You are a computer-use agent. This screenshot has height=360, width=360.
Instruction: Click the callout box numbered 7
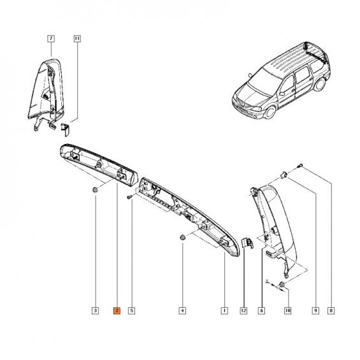click(x=51, y=38)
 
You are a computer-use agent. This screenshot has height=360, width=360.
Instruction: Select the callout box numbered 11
click(x=77, y=38)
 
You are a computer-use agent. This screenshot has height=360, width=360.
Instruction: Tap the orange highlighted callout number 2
click(x=117, y=311)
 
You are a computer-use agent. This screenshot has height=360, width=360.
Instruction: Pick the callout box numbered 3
click(x=95, y=311)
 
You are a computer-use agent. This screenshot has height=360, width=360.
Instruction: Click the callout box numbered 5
click(x=131, y=311)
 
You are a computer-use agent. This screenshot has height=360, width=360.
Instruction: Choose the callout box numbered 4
click(x=182, y=311)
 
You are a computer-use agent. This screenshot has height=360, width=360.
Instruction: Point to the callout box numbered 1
click(x=224, y=311)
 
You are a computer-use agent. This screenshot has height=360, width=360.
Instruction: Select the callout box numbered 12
click(x=243, y=311)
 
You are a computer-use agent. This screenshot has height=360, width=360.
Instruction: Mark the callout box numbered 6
click(x=261, y=311)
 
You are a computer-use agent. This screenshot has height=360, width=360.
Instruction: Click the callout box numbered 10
click(x=287, y=311)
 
